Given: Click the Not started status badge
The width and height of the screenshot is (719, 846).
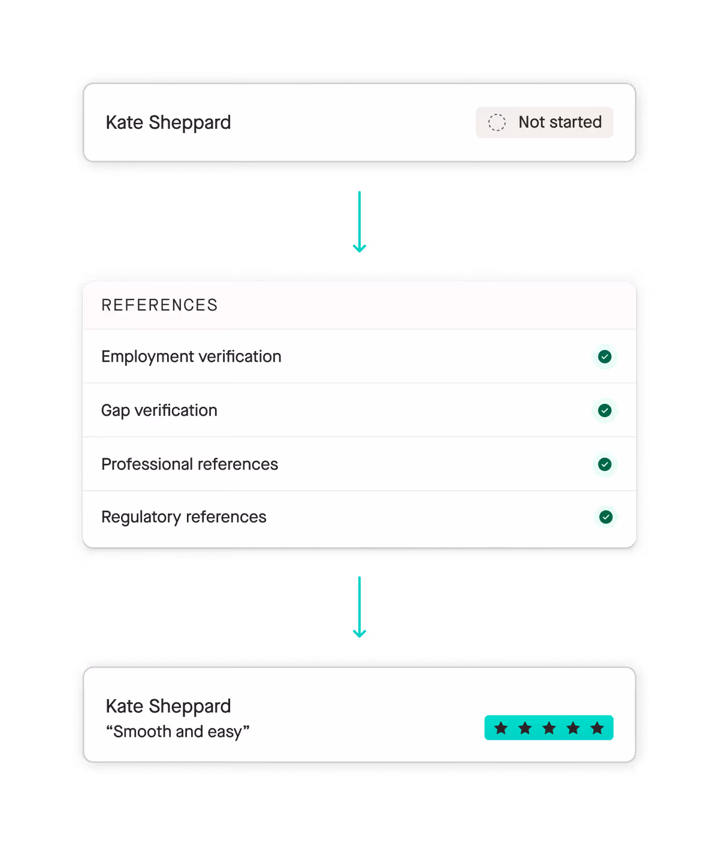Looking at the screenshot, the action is (x=544, y=122).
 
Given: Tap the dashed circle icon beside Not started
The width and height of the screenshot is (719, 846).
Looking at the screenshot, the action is (x=497, y=122).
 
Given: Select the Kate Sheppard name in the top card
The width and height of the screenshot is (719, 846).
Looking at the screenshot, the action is (x=168, y=122).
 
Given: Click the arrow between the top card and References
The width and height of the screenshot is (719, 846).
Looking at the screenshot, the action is (x=359, y=222).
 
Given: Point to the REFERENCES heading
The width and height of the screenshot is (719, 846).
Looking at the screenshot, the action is (x=159, y=305).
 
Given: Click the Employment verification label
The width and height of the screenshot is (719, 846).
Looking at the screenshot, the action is (x=191, y=356).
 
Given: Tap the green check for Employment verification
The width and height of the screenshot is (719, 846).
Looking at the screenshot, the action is (x=605, y=356).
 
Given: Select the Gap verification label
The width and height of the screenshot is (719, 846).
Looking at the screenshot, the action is (x=159, y=410).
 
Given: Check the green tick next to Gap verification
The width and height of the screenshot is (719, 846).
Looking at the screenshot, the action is (x=605, y=410).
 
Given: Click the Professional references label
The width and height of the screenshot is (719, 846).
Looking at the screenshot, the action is (x=189, y=464).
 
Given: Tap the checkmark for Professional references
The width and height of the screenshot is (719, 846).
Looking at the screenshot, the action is (x=605, y=464).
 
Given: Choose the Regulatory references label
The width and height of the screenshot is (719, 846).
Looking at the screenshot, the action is (x=183, y=517).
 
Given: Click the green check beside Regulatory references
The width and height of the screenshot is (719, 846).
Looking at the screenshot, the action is (x=606, y=517).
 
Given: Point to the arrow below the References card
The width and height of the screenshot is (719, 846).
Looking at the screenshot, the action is (x=359, y=607).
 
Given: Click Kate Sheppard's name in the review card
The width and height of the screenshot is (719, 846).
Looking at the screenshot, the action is (x=168, y=706).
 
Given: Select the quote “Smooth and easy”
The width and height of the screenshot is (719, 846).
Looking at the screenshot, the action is (x=177, y=732).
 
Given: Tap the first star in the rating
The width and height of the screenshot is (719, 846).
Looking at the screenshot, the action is (x=501, y=728).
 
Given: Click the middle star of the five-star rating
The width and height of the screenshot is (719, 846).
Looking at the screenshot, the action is (x=549, y=728).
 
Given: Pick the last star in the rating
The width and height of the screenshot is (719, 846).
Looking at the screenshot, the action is (x=597, y=728).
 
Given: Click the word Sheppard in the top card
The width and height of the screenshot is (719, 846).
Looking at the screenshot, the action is (x=189, y=122).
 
